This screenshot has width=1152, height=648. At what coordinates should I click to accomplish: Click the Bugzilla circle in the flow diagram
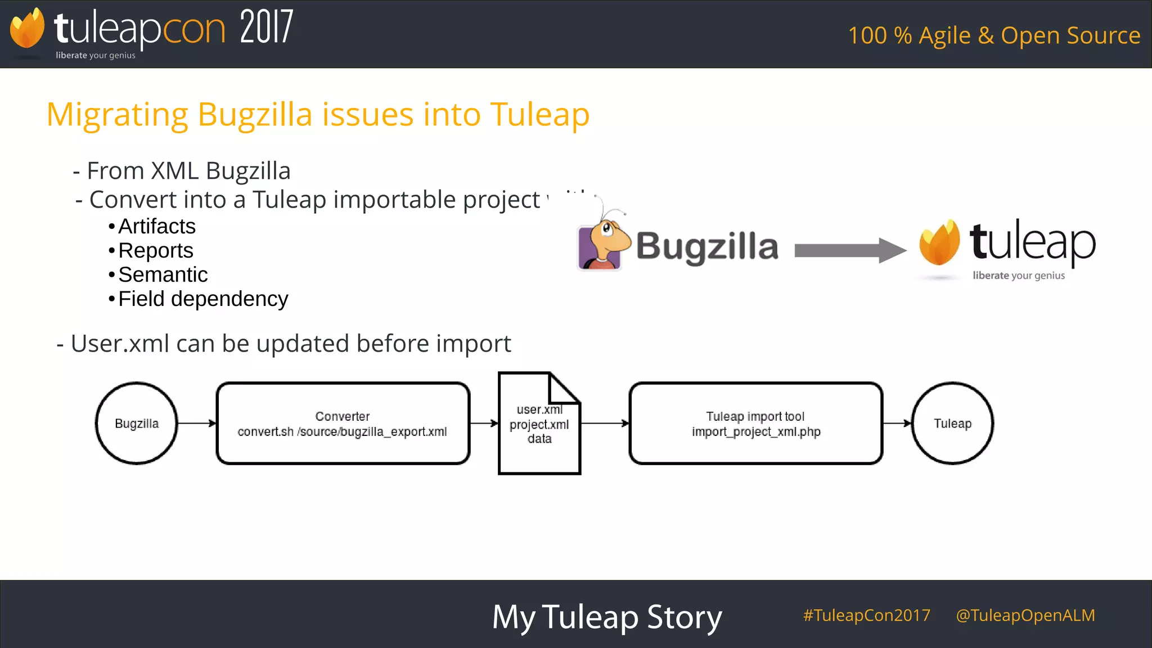click(x=137, y=424)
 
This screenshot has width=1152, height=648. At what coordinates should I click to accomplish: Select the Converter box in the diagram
click(x=343, y=424)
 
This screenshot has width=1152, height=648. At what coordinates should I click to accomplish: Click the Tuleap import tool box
click(x=755, y=424)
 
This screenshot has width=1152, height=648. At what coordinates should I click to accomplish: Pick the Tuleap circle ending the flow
click(x=952, y=424)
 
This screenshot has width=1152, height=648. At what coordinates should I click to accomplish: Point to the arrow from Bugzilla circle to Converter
click(x=197, y=424)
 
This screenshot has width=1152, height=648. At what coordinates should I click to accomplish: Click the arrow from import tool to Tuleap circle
click(x=897, y=424)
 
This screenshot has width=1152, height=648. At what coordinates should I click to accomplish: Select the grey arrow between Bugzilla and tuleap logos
click(x=849, y=250)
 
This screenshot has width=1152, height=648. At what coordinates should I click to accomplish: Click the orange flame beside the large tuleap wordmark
click(x=939, y=243)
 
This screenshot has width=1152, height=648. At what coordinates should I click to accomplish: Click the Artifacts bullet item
click(x=156, y=227)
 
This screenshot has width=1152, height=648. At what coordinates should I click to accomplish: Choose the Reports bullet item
click(x=155, y=251)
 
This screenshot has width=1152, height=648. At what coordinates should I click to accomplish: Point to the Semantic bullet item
click(x=163, y=275)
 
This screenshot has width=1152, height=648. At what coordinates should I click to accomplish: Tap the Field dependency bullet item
click(x=202, y=299)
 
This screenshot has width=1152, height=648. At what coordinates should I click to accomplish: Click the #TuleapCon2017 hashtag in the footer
click(x=866, y=615)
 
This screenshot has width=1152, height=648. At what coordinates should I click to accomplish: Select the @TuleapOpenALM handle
click(x=1025, y=615)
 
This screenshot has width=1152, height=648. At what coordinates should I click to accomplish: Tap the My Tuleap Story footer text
click(x=606, y=617)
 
